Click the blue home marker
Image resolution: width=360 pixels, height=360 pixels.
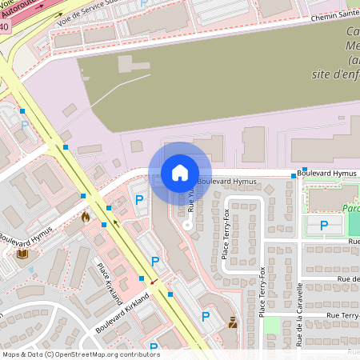pos(180,173)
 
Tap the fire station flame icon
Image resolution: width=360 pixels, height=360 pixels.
pos(86,216)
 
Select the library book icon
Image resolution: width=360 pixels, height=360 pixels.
pos(22,254)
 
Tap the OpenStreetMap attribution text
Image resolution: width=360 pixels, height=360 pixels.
pos(81,354)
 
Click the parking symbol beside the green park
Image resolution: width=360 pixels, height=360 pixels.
pos(324,226)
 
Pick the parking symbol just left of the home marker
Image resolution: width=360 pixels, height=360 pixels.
pos(139,200)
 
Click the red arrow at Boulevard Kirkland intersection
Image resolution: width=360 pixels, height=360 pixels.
pos(154,282)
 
